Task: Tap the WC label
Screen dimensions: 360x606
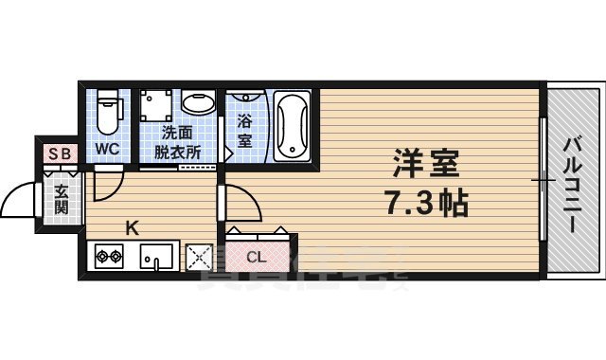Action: click(107, 149)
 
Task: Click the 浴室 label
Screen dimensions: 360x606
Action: click(244, 130)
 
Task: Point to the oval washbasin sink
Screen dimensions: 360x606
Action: click(198, 105)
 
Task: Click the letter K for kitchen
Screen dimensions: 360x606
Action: click(134, 227)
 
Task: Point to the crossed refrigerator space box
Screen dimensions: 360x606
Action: click(199, 256)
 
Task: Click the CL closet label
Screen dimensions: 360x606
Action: click(256, 256)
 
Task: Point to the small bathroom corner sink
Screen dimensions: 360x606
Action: click(244, 99)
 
